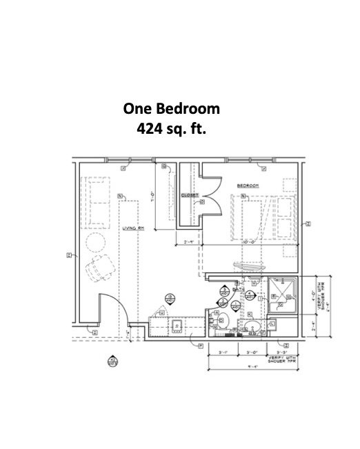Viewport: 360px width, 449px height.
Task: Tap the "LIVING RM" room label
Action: click(x=132, y=228)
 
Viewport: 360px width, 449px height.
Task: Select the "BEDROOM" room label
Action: click(x=248, y=186)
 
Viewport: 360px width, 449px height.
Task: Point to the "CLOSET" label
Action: click(x=190, y=195)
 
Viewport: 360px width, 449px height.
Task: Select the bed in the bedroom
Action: click(x=263, y=217)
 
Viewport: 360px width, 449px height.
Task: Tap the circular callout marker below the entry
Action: click(x=112, y=361)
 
